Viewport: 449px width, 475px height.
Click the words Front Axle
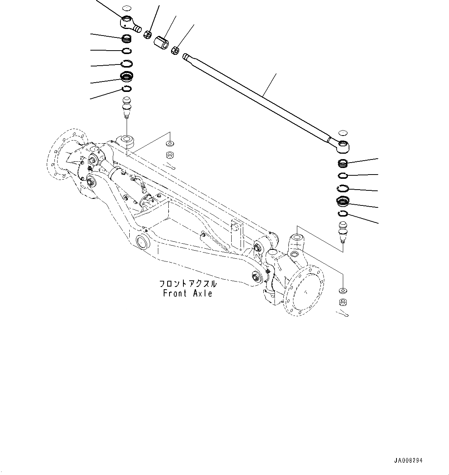[188, 293]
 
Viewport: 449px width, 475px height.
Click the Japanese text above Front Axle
[188, 284]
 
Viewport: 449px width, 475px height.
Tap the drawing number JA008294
[408, 461]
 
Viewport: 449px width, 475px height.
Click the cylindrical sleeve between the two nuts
[162, 42]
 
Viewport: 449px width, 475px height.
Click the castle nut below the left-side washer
[169, 155]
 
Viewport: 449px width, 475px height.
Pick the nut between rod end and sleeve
[147, 34]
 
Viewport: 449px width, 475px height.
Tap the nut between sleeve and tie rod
[175, 50]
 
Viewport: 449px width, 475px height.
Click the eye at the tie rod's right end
[343, 146]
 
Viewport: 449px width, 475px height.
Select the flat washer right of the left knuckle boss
[169, 144]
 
